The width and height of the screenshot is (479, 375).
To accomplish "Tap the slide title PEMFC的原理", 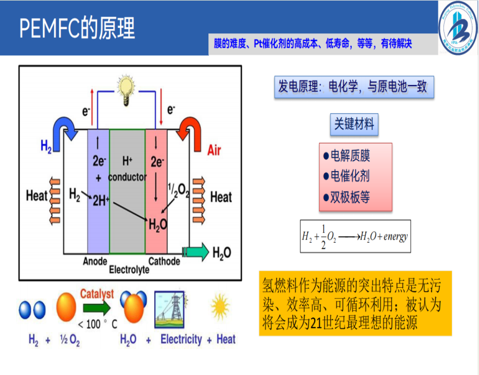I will [x=77, y=28].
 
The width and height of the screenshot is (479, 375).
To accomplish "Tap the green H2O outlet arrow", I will [x=196, y=252].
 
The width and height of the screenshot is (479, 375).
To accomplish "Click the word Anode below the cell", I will [x=94, y=261].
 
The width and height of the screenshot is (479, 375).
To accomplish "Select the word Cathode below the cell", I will [x=164, y=261].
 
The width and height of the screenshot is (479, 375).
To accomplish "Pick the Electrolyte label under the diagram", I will [x=129, y=270].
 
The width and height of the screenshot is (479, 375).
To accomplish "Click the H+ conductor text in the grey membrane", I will [x=127, y=169].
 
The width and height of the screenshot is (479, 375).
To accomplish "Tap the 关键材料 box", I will [x=353, y=124].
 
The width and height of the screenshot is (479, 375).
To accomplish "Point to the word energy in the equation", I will [x=396, y=237].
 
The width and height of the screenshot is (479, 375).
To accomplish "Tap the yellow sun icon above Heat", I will [x=220, y=306].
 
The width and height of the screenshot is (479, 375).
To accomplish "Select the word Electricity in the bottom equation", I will [x=181, y=339].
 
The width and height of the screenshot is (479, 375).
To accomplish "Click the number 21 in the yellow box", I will [x=317, y=322].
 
